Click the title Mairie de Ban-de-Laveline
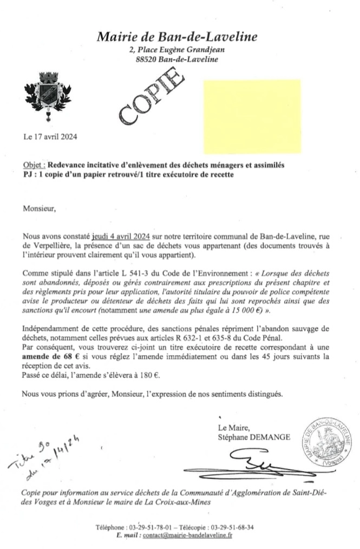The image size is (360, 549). [177, 37]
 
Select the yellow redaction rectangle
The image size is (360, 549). [252, 115]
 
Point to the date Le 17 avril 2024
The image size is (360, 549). [50, 136]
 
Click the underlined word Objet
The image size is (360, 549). [34, 165]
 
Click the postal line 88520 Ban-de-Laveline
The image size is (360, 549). [177, 59]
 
